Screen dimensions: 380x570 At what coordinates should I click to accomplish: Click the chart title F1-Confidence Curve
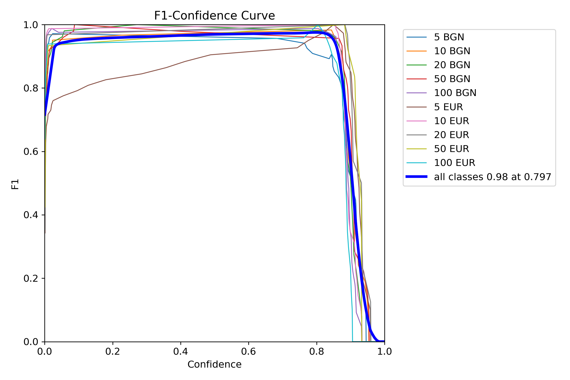coord(214,16)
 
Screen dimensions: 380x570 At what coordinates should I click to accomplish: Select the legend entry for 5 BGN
coord(449,37)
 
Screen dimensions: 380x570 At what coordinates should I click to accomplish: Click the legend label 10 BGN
coord(452,51)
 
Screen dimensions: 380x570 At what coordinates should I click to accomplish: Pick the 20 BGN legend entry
coord(452,65)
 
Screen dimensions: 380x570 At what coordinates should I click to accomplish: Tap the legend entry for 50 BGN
coord(452,79)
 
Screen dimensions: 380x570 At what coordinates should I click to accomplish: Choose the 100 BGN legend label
coord(455,93)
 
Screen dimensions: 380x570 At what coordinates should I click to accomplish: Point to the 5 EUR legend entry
coord(448,107)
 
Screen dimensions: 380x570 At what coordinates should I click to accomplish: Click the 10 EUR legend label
coord(451,121)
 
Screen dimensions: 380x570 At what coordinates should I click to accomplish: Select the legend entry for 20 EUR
coord(451,135)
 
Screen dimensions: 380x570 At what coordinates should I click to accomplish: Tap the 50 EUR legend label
coord(451,149)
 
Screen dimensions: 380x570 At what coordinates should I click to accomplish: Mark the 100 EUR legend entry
coord(454,163)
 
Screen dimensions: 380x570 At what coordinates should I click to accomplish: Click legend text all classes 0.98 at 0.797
coord(492,177)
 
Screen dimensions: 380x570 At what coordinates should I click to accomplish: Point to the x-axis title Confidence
coord(214,364)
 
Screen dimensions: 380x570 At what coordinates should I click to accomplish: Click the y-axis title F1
coord(15,184)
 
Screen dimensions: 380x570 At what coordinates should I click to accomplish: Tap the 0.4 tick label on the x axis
coord(181,351)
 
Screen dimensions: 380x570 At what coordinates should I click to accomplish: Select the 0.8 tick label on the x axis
coord(316,351)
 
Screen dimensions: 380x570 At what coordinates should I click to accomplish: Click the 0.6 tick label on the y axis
coord(31,152)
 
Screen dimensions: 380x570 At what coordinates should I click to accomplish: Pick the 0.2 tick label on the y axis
coord(31,278)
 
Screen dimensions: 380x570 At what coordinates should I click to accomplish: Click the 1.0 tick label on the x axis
coord(384,351)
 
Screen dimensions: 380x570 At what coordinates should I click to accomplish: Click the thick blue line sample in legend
coord(416,177)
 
